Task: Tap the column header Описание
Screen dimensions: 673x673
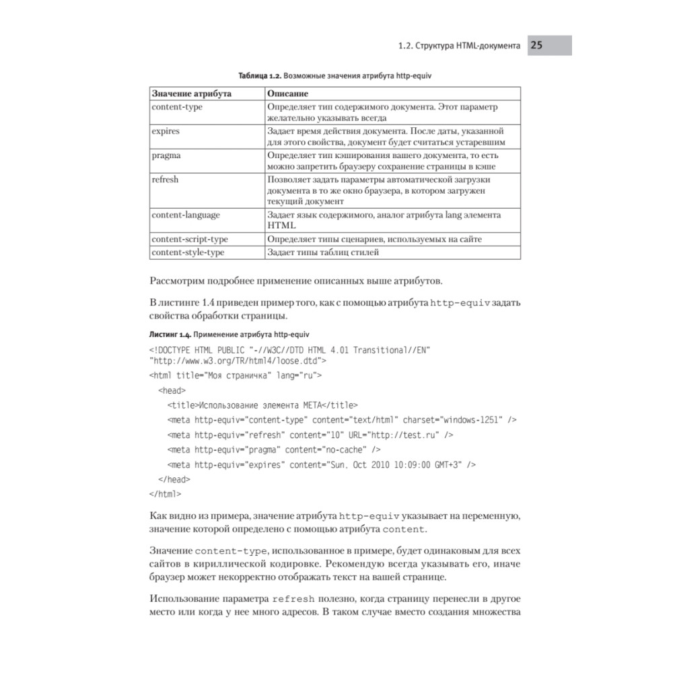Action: [287, 94]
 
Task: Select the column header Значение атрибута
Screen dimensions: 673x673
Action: [192, 94]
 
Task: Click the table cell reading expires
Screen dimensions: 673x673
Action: [166, 131]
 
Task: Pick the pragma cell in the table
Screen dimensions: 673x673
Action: [166, 155]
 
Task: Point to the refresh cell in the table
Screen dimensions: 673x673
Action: [166, 180]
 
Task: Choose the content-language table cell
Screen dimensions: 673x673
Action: [186, 215]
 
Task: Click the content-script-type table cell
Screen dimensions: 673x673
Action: [190, 240]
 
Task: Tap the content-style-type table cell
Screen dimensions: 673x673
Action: [188, 252]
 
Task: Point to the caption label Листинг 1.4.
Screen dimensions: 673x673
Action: [170, 334]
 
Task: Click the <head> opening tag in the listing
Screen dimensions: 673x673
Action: [172, 390]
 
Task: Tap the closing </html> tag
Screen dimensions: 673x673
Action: [165, 494]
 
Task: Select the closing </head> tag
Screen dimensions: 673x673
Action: [174, 479]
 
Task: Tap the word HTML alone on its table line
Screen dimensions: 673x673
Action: [278, 227]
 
